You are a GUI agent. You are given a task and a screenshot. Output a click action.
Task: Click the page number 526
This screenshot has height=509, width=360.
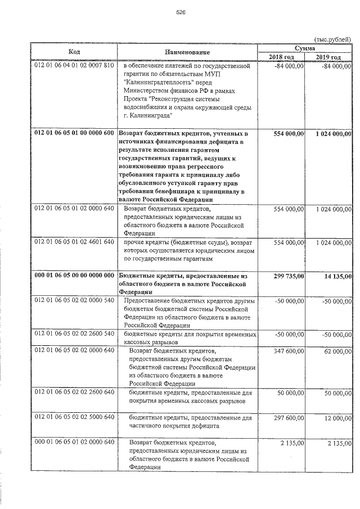click(181, 12)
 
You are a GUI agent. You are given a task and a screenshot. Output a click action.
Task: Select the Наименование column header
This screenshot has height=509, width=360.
click(187, 52)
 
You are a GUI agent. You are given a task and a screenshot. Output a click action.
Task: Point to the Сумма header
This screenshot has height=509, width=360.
click(304, 48)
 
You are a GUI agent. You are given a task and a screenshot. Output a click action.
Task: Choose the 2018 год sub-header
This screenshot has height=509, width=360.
click(281, 57)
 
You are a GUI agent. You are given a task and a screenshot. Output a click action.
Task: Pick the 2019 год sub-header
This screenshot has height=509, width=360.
click(328, 57)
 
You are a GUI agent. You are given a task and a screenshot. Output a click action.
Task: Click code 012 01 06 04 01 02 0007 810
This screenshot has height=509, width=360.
click(74, 66)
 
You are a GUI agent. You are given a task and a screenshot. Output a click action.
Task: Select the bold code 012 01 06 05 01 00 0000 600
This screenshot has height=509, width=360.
click(74, 133)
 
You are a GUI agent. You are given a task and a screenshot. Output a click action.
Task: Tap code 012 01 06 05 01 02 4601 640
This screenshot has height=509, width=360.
click(74, 242)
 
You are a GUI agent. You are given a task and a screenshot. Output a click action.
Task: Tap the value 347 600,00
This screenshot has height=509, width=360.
click(287, 350)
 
